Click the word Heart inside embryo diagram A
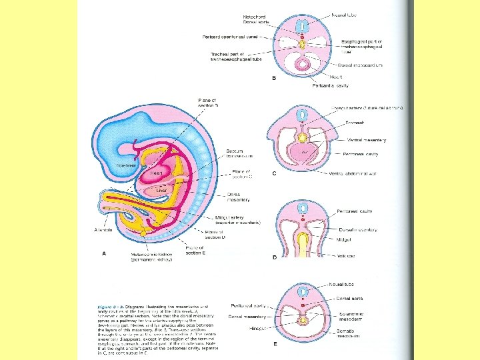click(157, 173)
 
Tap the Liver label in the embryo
click(161, 190)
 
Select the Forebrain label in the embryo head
click(127, 164)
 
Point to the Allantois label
click(104, 228)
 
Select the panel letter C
click(273, 173)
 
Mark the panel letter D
click(273, 257)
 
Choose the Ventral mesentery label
click(366, 140)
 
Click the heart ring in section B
click(303, 64)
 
